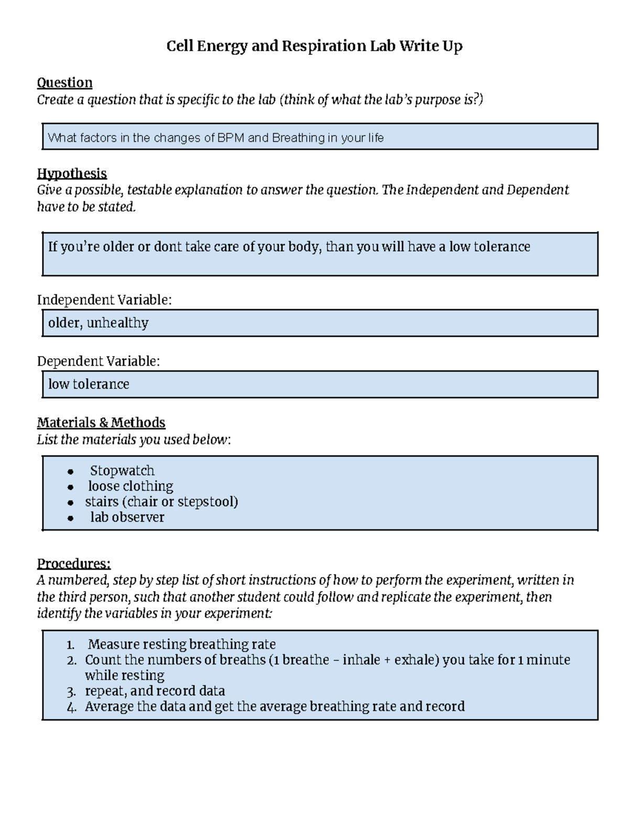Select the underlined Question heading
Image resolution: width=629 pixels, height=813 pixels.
(64, 83)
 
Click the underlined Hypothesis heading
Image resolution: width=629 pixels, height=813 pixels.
(72, 173)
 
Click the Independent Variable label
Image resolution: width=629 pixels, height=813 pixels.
(104, 299)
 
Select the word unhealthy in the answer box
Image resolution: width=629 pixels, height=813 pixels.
(117, 323)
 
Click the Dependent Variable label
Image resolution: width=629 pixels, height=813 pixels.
(99, 361)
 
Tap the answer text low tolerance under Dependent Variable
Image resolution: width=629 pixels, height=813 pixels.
(89, 384)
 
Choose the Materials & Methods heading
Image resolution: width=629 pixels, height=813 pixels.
(101, 422)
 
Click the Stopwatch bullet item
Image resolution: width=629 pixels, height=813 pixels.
(122, 471)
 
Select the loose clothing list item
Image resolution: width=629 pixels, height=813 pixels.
(131, 486)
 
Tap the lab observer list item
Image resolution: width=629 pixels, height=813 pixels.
(127, 517)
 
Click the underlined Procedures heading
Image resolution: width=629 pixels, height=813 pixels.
(73, 564)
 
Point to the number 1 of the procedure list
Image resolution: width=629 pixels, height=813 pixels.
(71, 644)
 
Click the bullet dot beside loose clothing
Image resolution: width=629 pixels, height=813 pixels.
(71, 487)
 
